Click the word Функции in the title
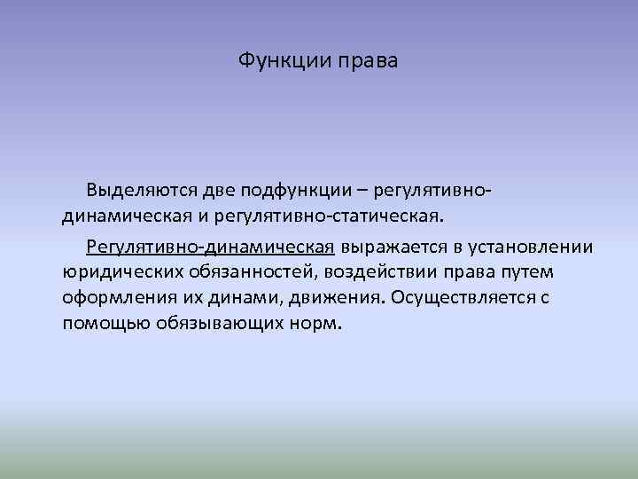277,61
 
